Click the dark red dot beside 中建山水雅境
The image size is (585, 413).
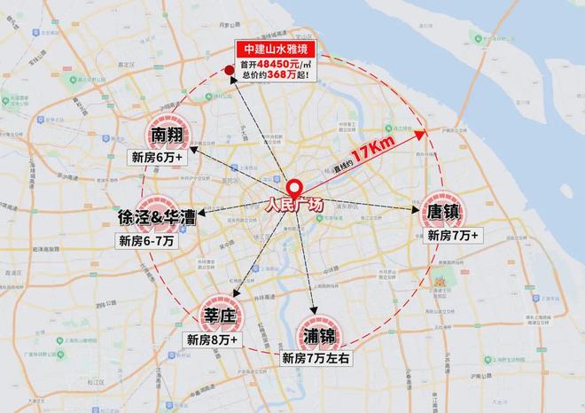tap(229, 71)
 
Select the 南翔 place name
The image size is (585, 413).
tap(171, 136)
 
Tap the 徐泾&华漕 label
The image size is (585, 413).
tap(156, 217)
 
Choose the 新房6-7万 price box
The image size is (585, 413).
tap(147, 239)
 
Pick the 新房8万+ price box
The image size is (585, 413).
tap(213, 339)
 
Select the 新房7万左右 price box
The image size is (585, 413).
tap(317, 359)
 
